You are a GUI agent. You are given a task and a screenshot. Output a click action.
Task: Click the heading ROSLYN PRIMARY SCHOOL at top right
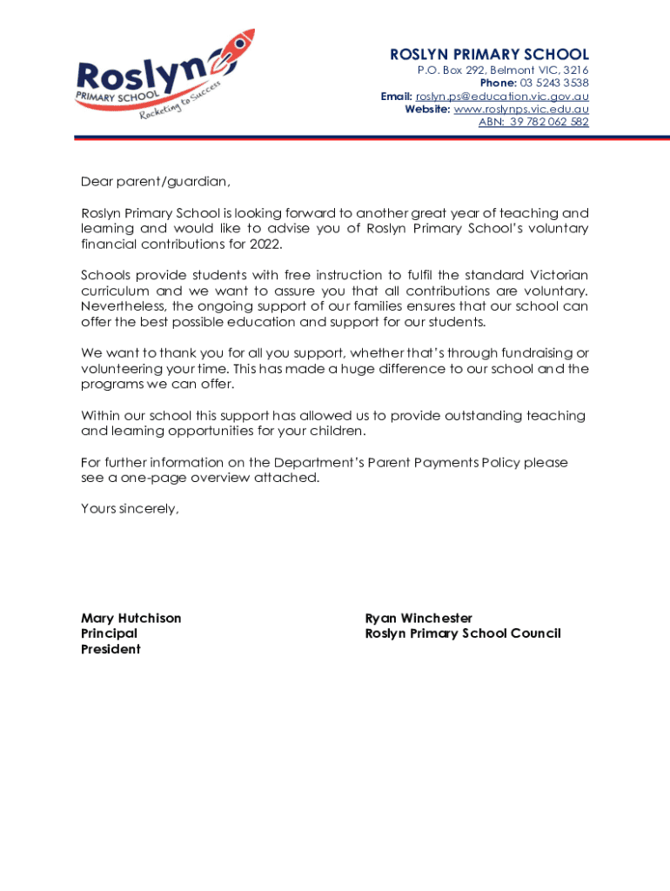coord(489,55)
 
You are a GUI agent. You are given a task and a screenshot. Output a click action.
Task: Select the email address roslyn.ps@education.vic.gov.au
coord(502,96)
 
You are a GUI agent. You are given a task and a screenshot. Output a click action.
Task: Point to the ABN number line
coord(533,122)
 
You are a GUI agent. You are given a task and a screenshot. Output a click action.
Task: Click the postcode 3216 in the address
coord(575,70)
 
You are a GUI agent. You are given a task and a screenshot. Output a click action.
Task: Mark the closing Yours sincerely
coord(130,509)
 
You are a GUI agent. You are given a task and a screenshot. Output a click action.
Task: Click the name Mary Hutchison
coord(131,618)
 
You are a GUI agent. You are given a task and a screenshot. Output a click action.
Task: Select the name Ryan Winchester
coord(419,618)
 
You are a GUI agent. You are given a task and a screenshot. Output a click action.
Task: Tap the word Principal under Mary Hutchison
coord(110,633)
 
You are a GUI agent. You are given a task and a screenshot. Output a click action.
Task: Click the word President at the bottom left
coord(111,649)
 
